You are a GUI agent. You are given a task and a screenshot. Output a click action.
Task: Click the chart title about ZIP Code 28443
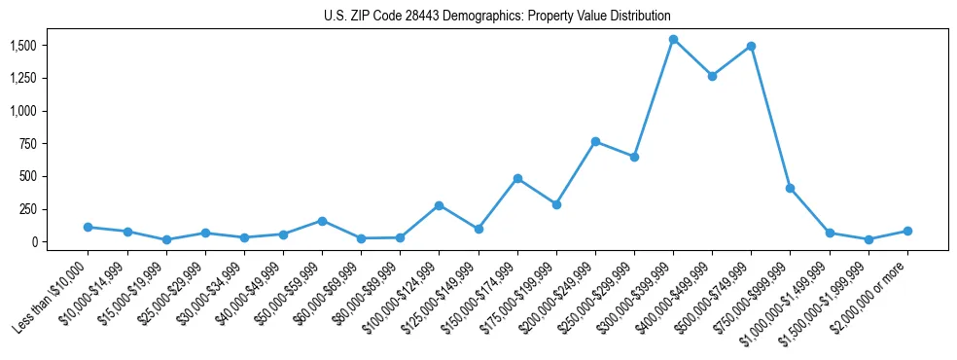(x=497, y=17)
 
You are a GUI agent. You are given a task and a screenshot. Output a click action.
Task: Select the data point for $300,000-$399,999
(x=673, y=40)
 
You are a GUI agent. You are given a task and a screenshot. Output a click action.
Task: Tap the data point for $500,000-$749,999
(x=751, y=46)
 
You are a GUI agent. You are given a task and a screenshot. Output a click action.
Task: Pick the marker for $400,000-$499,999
(x=712, y=76)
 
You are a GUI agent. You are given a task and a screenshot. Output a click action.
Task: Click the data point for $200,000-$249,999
(x=595, y=141)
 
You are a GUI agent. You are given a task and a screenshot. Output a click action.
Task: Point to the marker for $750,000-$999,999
(x=790, y=188)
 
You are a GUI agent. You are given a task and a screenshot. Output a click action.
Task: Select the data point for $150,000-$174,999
(x=517, y=178)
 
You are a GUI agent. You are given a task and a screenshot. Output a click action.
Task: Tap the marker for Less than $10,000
(x=89, y=227)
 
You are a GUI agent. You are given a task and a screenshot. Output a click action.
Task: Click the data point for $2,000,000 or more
(x=907, y=231)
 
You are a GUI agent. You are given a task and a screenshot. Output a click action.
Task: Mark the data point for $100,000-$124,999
(x=440, y=205)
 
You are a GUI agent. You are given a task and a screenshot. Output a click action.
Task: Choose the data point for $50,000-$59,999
(x=322, y=221)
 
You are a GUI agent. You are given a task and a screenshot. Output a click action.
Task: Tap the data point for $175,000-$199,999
(x=556, y=204)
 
